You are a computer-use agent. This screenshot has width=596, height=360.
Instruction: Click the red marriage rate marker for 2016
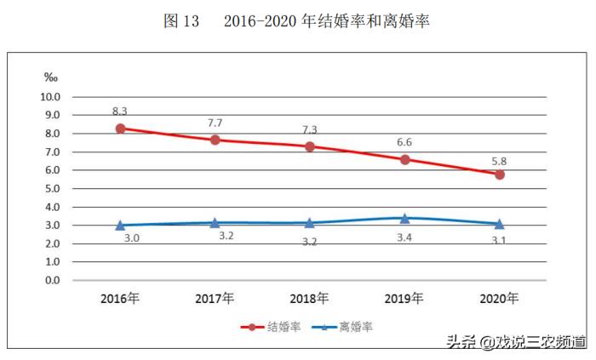coord(120,129)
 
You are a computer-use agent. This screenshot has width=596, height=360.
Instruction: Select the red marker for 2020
coord(500,174)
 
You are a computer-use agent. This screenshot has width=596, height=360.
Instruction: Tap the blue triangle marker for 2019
coord(405,219)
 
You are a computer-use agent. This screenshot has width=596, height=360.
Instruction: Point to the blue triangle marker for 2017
coord(215,223)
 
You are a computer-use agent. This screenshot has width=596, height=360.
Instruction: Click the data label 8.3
coord(120,111)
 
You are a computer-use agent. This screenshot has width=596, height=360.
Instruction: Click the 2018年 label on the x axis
coord(310,299)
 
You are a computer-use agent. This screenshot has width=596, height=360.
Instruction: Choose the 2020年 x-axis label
coord(500,299)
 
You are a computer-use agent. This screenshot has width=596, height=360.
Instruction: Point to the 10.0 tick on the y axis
coord(51,97)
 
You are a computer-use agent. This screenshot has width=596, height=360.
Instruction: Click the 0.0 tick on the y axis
coord(53,280)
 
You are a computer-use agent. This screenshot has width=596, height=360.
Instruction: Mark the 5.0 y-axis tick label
coord(53,188)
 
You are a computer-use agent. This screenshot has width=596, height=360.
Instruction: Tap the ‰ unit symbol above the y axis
coord(49,77)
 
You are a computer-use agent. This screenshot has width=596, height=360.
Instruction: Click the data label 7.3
coord(310,129)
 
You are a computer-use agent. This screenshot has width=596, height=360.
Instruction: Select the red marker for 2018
coord(310,146)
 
